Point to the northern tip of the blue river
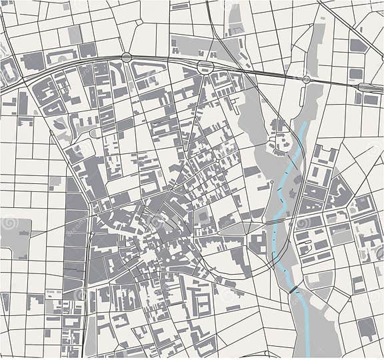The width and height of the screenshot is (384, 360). point(305,124)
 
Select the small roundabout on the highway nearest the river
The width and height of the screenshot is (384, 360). point(306,79)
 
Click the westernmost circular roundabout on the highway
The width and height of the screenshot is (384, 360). point(126,57)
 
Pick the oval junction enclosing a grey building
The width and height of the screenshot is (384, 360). point(204,65)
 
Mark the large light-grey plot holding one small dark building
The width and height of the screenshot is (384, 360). point(16,233)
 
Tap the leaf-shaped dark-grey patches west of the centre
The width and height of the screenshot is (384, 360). point(61,123)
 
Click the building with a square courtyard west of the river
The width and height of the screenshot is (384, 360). point(204,217)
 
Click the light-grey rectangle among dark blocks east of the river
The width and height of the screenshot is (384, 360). point(341,233)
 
